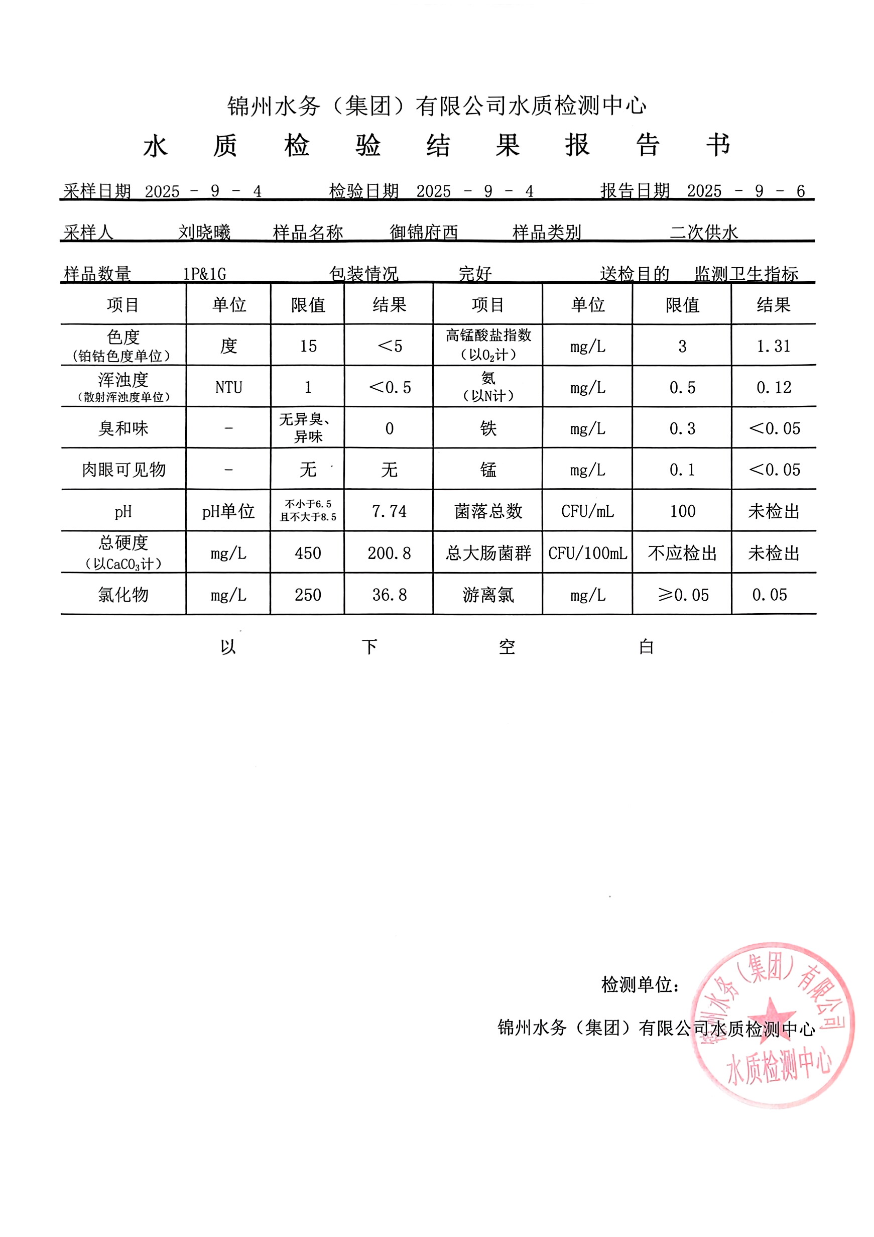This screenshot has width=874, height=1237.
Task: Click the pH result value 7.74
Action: pos(389,511)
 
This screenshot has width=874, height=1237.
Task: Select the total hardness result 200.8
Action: pos(389,553)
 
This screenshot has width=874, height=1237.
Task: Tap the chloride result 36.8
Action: pos(389,595)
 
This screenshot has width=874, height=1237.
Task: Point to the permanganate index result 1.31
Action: pos(773,346)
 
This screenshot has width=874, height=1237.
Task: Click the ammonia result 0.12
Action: pos(773,387)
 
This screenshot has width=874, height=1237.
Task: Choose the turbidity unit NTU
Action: pos(228,387)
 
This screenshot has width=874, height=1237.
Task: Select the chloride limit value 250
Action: pos(308,595)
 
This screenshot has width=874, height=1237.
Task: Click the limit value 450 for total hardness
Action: pos(308,553)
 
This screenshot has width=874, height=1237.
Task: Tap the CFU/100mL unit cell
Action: pos(587,553)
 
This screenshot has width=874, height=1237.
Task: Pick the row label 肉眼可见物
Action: pos(123,470)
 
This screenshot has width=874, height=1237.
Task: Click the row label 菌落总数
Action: pos(488,511)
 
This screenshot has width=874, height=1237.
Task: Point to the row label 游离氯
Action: pos(488,595)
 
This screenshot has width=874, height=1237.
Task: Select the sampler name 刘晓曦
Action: pos(204,232)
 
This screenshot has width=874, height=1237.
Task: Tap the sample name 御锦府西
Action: pos(424,232)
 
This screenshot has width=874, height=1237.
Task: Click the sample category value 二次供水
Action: pos(703,232)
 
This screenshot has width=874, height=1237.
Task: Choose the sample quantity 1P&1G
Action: pos(204,274)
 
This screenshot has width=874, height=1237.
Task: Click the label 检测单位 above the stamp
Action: pos(640,985)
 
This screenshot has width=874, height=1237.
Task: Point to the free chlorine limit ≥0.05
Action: pos(683,595)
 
